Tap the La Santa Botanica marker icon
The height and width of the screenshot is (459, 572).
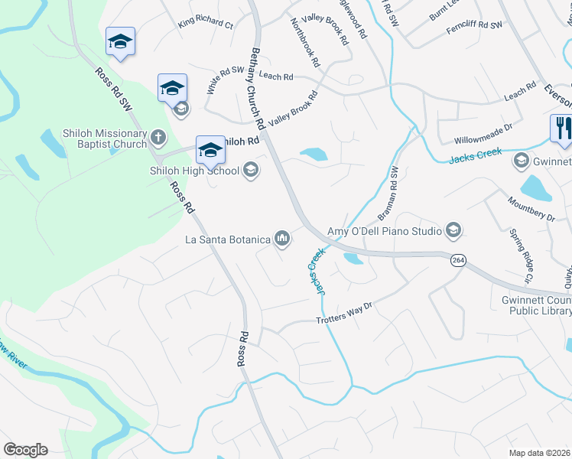[x=283, y=239]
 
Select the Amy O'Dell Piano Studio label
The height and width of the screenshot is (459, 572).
[x=385, y=231]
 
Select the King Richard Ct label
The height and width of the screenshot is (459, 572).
[x=205, y=24]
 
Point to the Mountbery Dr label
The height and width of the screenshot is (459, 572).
[x=530, y=207]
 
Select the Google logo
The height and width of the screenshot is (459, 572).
[x=25, y=450]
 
